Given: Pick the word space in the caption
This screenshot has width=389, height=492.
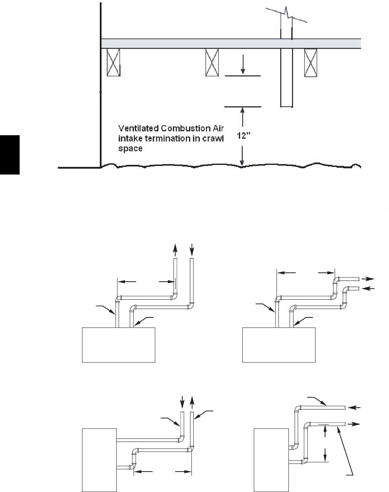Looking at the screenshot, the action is [x=128, y=148].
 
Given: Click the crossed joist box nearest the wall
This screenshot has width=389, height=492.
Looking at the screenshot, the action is [x=113, y=63].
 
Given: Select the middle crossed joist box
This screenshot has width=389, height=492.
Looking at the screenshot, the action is [x=212, y=63].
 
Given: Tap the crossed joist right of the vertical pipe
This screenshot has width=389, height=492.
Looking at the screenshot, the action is [x=310, y=63].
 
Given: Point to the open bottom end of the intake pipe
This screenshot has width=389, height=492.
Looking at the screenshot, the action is [x=286, y=106].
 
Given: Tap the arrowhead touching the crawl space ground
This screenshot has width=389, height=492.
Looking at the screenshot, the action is [x=242, y=163].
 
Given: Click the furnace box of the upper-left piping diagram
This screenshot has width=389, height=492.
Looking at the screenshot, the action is [x=119, y=345].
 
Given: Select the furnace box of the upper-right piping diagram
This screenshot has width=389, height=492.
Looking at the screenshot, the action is [x=279, y=345].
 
